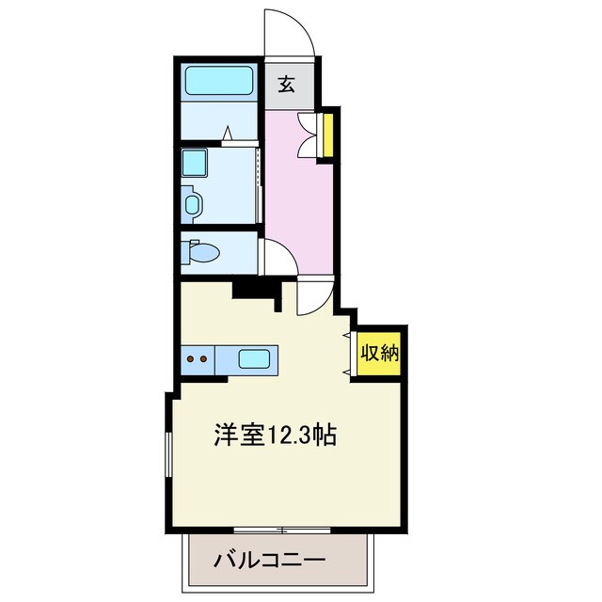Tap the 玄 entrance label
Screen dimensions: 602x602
287,86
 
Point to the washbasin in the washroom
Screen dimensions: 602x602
193,202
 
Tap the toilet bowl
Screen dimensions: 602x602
202,252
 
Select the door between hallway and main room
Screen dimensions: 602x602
313,297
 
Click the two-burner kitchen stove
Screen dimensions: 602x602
198,358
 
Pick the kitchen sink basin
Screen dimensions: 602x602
253,358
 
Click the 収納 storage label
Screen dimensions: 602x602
379,354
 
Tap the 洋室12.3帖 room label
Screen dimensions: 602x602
275,436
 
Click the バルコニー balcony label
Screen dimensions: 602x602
269,562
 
